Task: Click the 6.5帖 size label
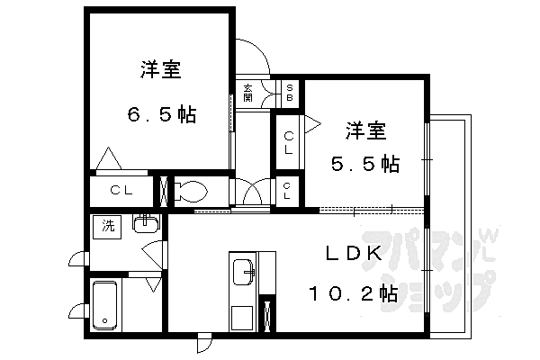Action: tap(161, 115)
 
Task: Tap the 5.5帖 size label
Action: tap(364, 165)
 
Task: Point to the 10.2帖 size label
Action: tap(352, 293)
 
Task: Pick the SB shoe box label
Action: tap(290, 90)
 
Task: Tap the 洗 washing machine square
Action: tap(108, 226)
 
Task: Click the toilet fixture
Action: tap(190, 191)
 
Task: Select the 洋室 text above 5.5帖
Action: tap(365, 130)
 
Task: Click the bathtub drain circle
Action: tap(103, 320)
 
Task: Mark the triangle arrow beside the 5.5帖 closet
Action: tap(312, 123)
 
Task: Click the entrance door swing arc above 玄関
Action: tap(256, 58)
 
